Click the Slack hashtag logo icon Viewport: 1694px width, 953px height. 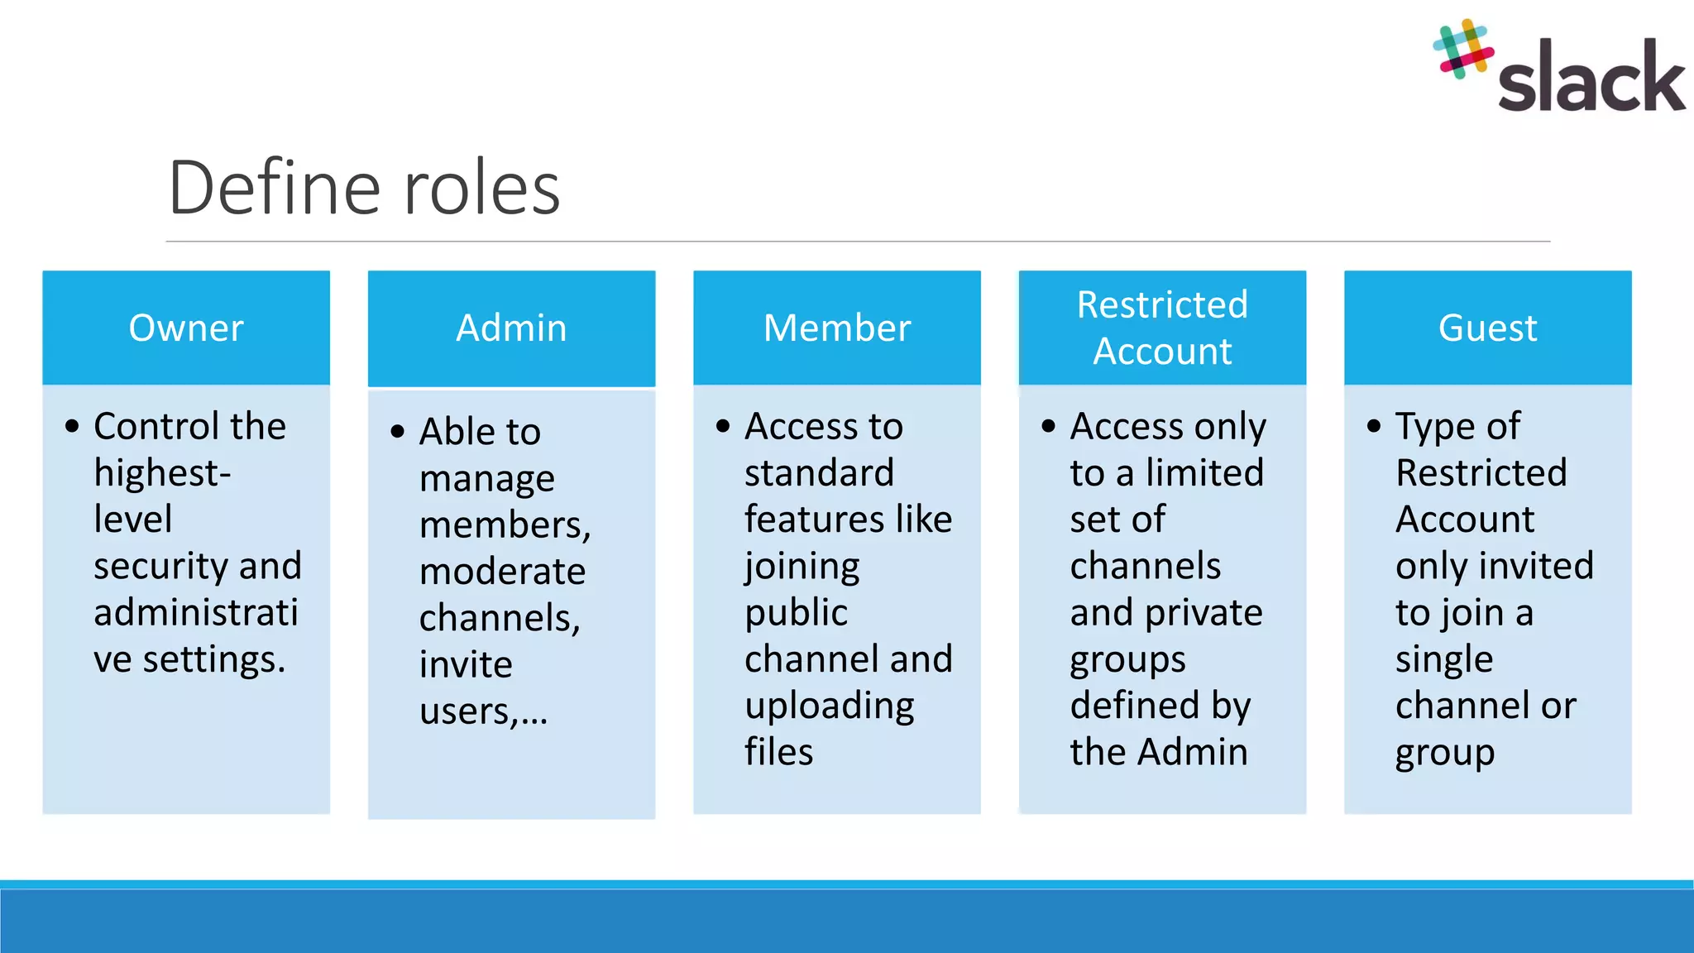click(x=1463, y=49)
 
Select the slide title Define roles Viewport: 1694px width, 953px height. click(x=364, y=188)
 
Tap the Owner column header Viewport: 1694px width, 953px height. click(x=186, y=328)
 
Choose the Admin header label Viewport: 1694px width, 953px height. click(x=511, y=328)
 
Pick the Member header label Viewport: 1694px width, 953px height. click(x=837, y=328)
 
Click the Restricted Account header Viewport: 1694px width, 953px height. click(x=1162, y=328)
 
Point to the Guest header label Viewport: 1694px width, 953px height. click(x=1487, y=328)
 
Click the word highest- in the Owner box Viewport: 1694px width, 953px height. click(x=162, y=473)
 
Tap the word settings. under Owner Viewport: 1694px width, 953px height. click(x=214, y=659)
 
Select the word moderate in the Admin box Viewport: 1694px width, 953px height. click(x=502, y=572)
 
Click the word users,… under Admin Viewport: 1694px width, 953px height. click(x=483, y=711)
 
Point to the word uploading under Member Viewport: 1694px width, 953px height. click(x=829, y=706)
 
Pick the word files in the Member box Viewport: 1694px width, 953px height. click(x=778, y=752)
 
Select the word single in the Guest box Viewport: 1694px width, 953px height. click(x=1444, y=659)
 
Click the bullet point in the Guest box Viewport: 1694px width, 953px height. click(x=1374, y=426)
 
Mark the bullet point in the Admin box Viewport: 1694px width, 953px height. click(x=398, y=431)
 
